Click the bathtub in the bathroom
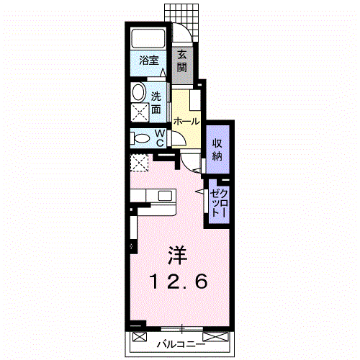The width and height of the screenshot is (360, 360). (x=148, y=39)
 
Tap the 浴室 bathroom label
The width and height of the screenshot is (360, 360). (x=149, y=60)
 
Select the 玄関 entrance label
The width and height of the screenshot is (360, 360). (x=182, y=61)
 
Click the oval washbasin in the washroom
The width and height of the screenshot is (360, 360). (x=138, y=91)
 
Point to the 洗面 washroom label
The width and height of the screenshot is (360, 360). (x=156, y=103)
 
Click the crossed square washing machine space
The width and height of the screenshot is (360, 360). (x=140, y=112)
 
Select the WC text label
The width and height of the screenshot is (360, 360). (x=160, y=138)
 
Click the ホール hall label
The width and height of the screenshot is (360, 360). (x=186, y=122)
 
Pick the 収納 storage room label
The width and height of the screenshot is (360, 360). (x=217, y=150)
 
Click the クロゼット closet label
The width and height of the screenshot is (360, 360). (x=218, y=203)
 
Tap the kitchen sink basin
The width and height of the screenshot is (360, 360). (x=165, y=196)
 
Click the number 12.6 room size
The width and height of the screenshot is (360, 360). (x=179, y=282)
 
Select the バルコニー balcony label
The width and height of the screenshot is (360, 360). (x=181, y=345)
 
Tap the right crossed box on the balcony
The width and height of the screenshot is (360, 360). (x=215, y=336)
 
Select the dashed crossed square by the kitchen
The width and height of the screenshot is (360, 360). (x=139, y=163)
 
